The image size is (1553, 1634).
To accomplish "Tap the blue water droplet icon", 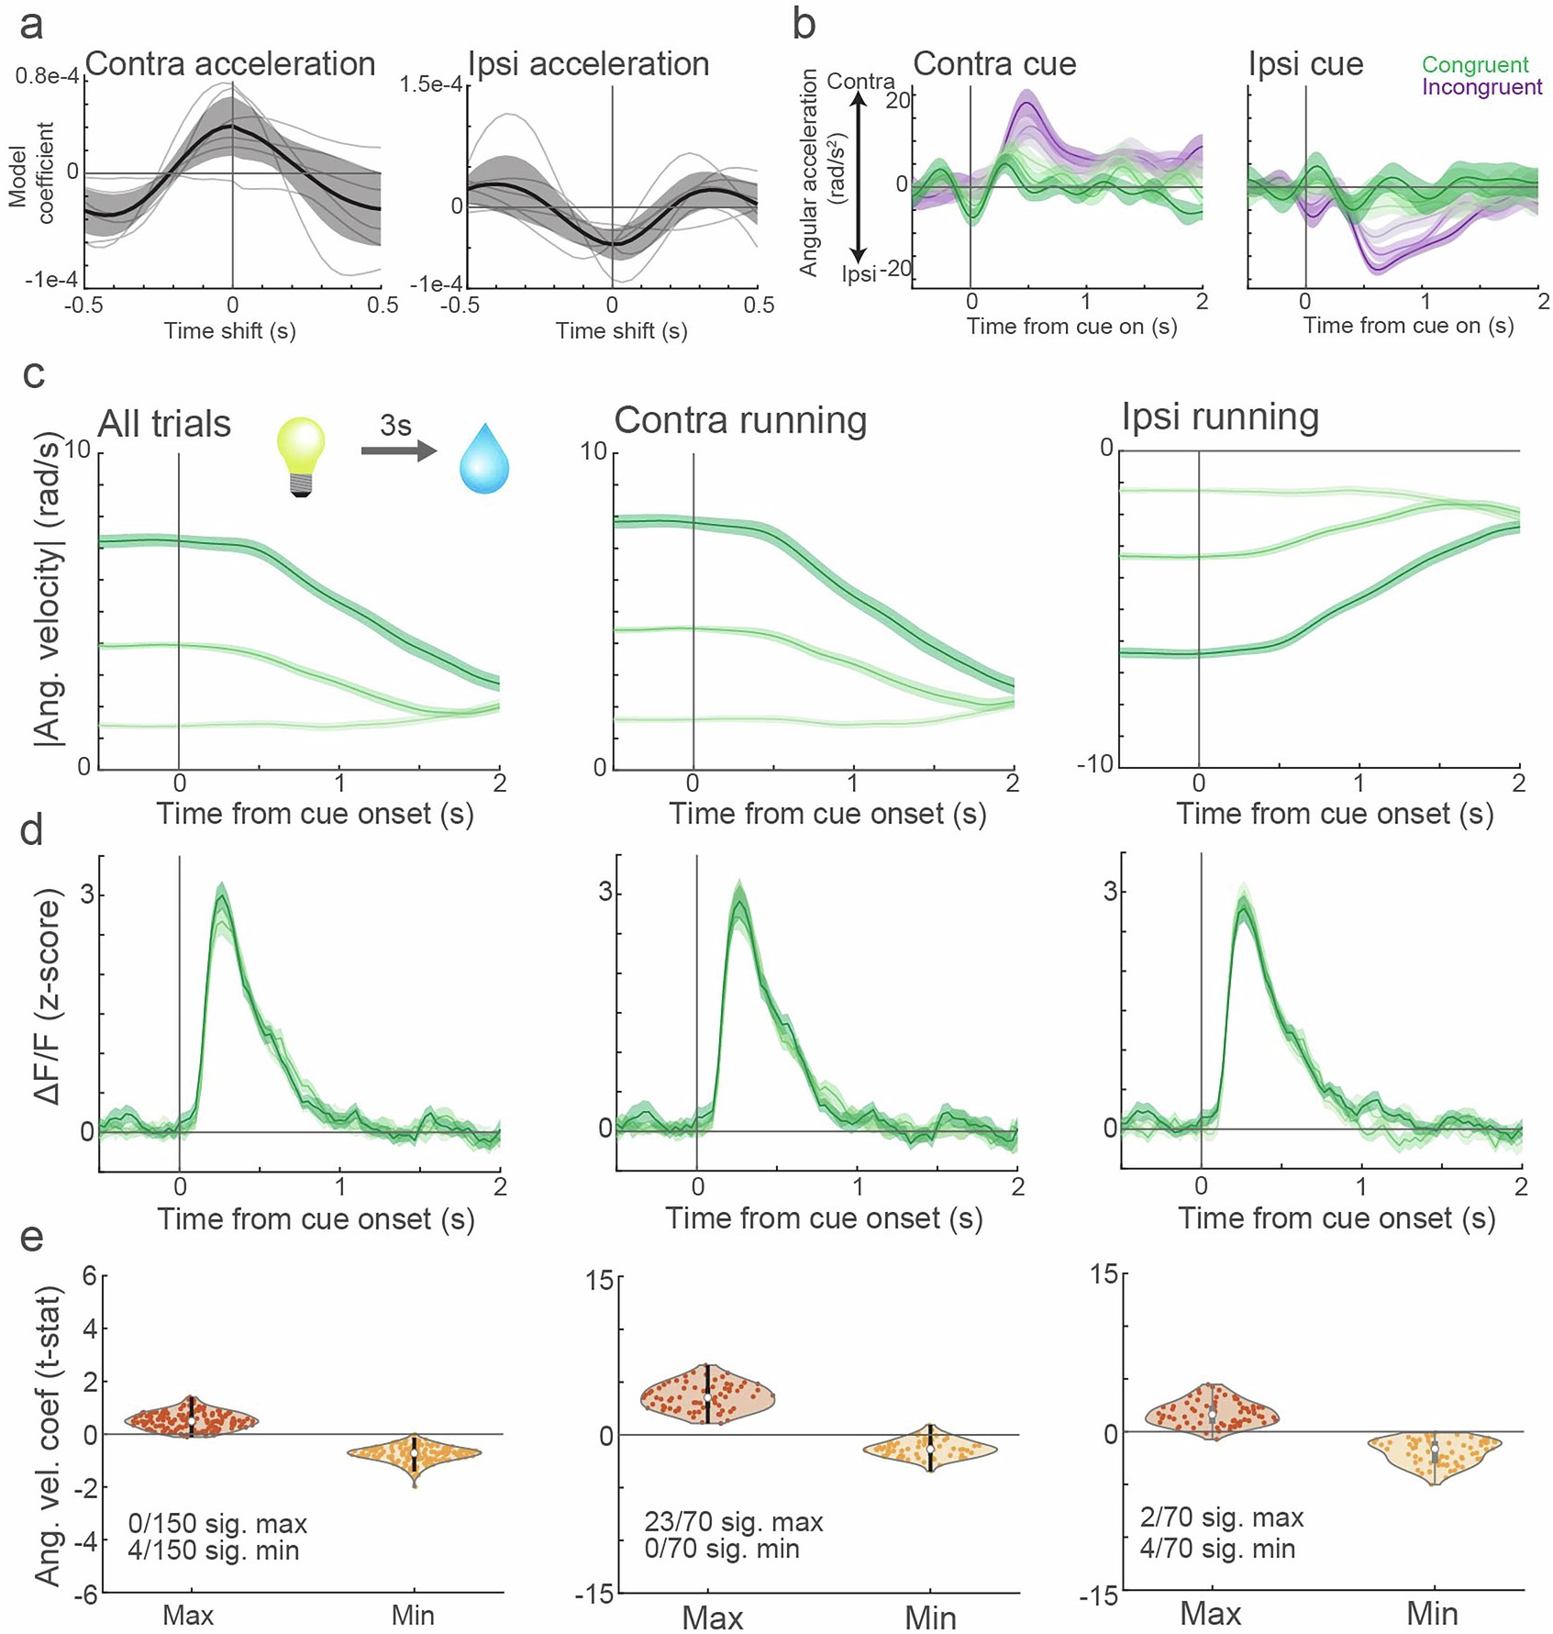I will pos(483,459).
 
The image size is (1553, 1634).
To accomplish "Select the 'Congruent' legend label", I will pos(1475,64).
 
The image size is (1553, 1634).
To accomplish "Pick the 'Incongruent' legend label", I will pos(1481,87).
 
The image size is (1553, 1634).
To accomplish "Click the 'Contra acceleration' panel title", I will pos(230,63).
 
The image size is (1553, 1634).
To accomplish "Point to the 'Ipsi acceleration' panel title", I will pos(588,63).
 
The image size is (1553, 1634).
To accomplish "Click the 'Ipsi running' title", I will pos(1220,417).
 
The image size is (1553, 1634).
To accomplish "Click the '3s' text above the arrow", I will pos(395,425).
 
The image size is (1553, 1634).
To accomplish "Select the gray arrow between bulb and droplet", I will pos(398,450).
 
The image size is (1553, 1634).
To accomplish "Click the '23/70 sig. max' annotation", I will pos(733,1522).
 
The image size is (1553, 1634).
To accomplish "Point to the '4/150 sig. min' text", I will pos(213,1551).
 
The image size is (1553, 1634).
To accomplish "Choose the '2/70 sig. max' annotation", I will pos(1221,1517).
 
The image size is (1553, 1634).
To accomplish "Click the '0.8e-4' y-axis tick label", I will pos(45,76).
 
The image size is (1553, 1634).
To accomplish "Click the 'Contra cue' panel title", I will pos(994,63).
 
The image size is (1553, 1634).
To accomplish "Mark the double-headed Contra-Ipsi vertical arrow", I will pos(859,179).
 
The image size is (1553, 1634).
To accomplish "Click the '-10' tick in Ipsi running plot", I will pos(1096,765).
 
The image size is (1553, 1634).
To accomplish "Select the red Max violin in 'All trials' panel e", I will pos(191,1417).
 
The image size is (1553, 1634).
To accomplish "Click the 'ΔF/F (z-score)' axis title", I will pos(47,995).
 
